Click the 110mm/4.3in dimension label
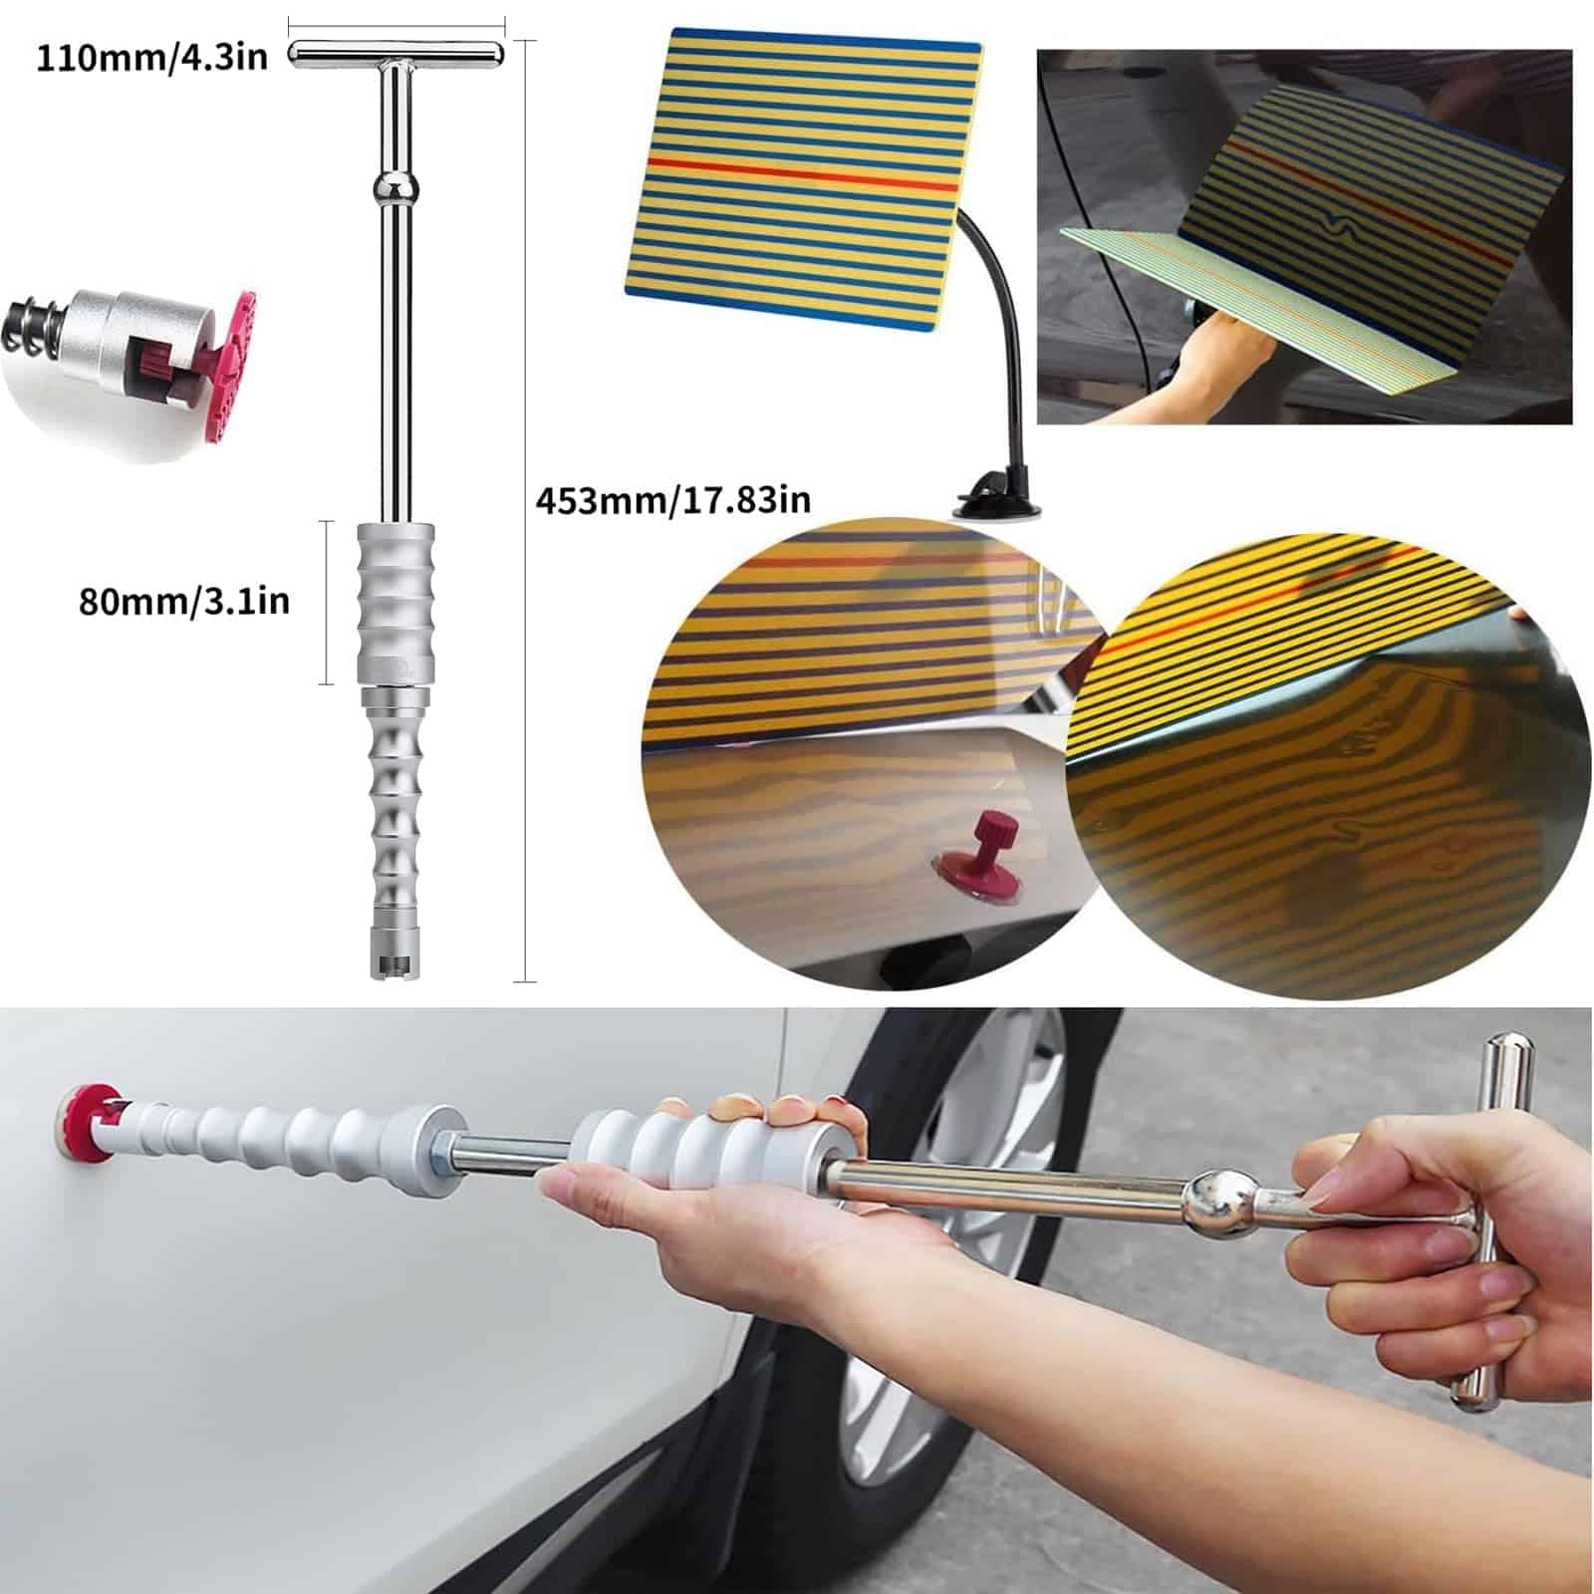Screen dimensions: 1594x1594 [152, 58]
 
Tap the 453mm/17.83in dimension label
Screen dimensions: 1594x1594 [673, 498]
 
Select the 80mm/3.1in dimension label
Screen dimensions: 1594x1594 [184, 601]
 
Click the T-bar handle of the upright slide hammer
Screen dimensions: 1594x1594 [397, 52]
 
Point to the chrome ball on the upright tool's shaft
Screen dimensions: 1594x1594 [396, 186]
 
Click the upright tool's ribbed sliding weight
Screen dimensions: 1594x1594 [396, 604]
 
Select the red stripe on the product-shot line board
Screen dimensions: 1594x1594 [802, 173]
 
